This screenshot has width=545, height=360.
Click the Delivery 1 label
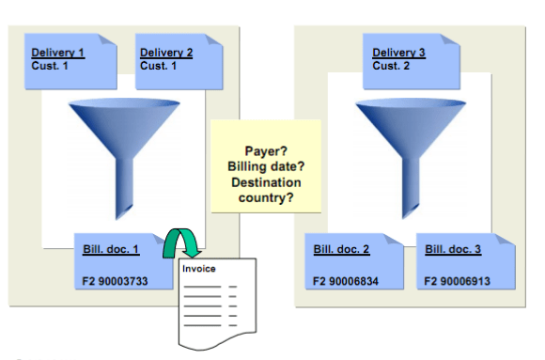point(57,52)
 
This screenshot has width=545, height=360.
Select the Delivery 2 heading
point(166,52)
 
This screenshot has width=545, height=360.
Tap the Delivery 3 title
point(398,52)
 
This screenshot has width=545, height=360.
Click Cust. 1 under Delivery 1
point(48,66)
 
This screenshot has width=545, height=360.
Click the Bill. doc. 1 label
point(110,249)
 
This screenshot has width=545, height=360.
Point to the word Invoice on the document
point(198,268)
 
